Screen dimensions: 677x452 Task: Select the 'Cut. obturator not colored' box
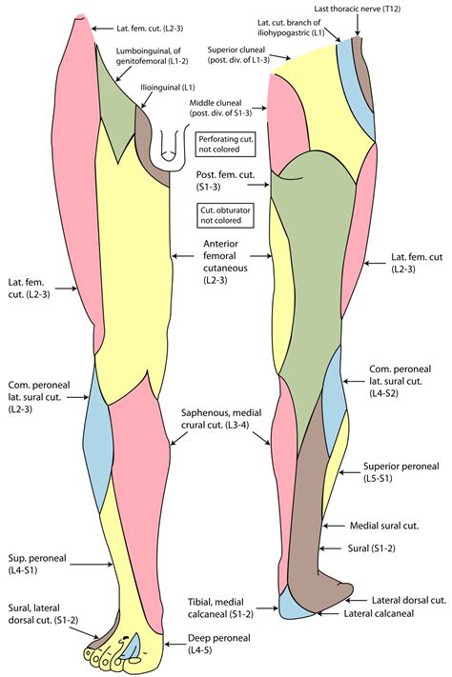click(219, 213)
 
